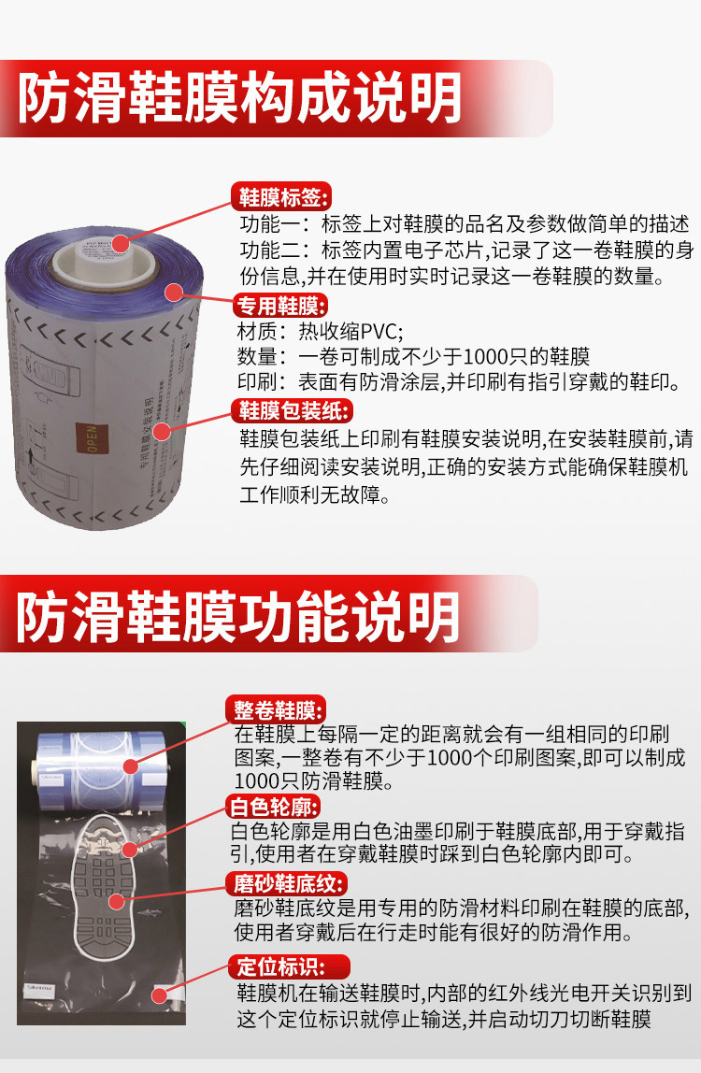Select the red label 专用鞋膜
pos(279,306)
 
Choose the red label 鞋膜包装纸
pos(291,410)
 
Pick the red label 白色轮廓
pos(276,806)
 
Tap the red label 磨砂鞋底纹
pos(287,883)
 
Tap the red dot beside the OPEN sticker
pos(162,432)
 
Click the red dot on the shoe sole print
pos(117,902)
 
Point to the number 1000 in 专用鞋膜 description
pos(487,356)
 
